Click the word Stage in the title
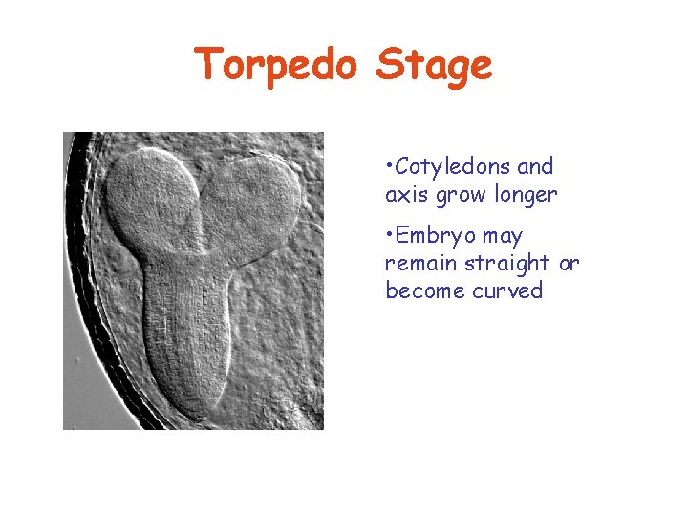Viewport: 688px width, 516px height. [435, 65]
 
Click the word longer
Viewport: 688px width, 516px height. [526, 195]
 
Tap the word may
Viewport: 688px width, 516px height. [503, 236]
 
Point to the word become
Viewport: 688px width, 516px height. [425, 290]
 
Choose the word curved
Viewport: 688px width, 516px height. [507, 290]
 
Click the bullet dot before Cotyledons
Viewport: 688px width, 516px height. [389, 167]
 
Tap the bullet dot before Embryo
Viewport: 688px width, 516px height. [389, 236]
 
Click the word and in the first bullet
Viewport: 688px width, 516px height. [535, 166]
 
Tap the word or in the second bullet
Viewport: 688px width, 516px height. [569, 263]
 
